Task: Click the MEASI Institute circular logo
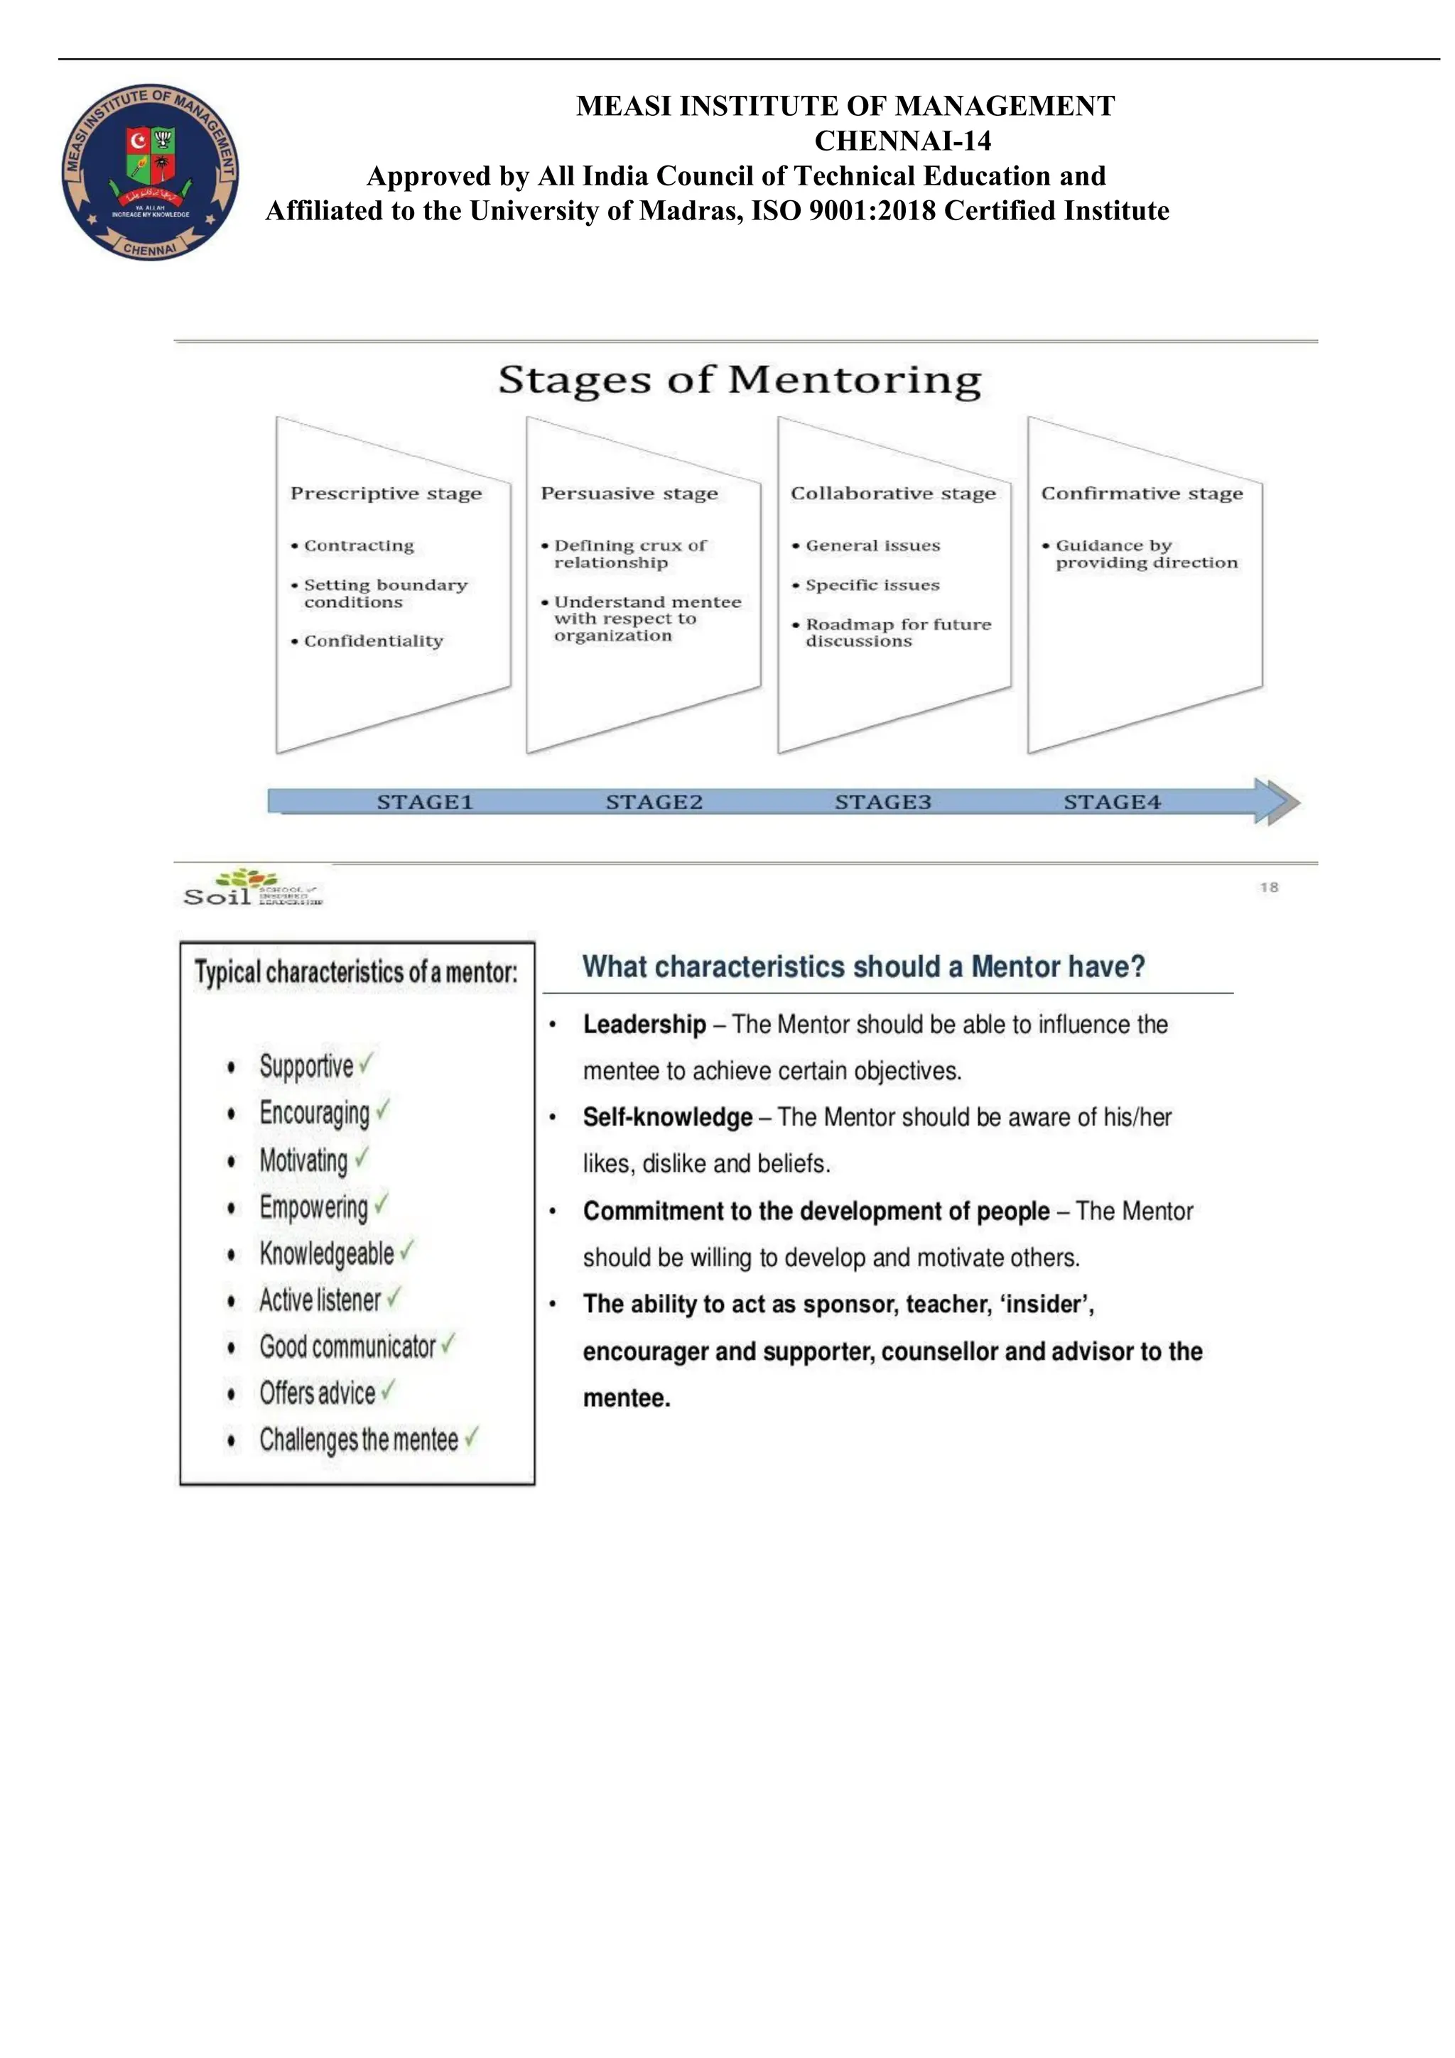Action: (x=150, y=172)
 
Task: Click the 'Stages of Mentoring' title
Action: (x=740, y=379)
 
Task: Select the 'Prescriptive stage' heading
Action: (x=386, y=493)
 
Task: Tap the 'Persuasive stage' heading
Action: (x=629, y=493)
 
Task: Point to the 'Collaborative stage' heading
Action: (x=893, y=493)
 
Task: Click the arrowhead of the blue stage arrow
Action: (x=1277, y=801)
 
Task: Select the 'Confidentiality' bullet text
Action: (x=373, y=641)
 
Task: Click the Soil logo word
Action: (x=217, y=895)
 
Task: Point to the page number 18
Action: (x=1269, y=888)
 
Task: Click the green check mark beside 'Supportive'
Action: (x=366, y=1063)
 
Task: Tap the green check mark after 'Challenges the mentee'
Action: (x=472, y=1437)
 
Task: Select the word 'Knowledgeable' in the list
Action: (x=326, y=1253)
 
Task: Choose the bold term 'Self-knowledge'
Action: (x=667, y=1117)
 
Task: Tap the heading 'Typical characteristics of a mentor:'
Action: (x=356, y=971)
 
